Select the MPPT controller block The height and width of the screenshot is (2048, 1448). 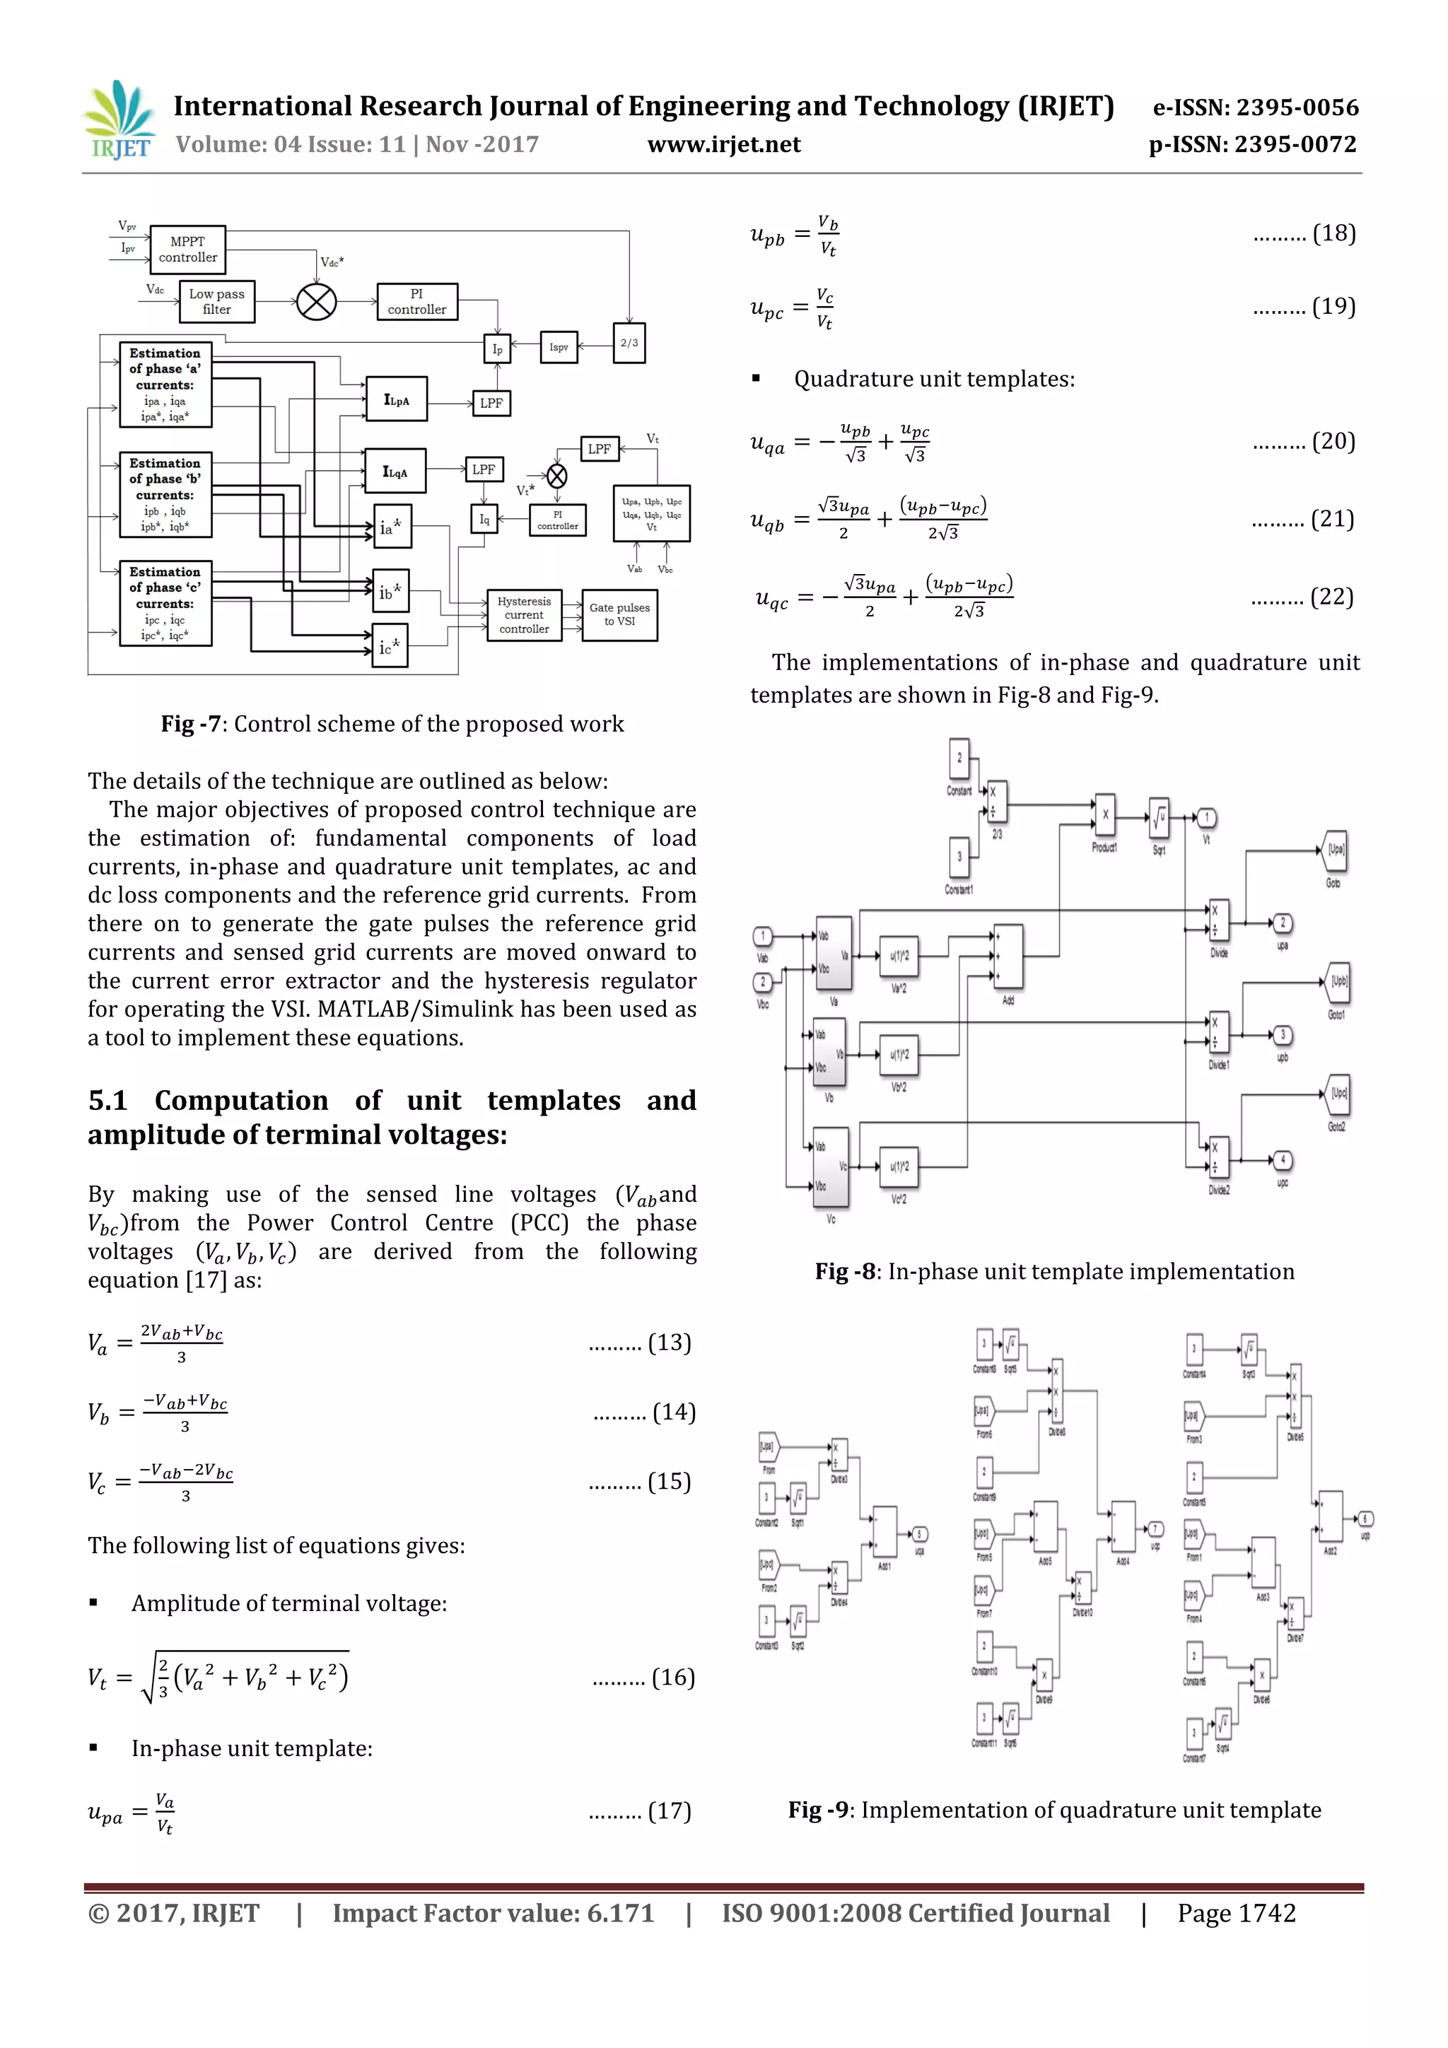point(187,250)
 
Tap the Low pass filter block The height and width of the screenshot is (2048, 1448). point(217,301)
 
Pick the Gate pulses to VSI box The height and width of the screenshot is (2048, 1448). point(619,614)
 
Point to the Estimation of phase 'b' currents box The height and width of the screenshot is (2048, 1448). point(166,495)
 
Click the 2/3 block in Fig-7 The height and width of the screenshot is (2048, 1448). point(629,344)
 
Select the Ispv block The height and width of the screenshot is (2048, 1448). point(559,347)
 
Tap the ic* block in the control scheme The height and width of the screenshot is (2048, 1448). point(390,647)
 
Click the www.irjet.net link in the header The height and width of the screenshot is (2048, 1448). point(723,144)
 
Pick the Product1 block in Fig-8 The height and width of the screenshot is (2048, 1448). point(1104,814)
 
